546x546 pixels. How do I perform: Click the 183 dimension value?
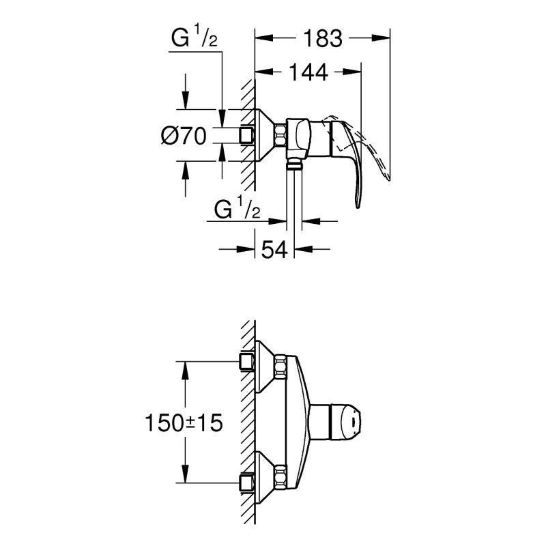pos(322,39)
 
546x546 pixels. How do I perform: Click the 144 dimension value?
pos(308,72)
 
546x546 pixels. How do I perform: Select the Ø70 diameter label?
pos(184,136)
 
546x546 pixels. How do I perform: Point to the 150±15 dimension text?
pos(184,423)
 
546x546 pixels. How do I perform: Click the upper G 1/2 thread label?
pos(193,40)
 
